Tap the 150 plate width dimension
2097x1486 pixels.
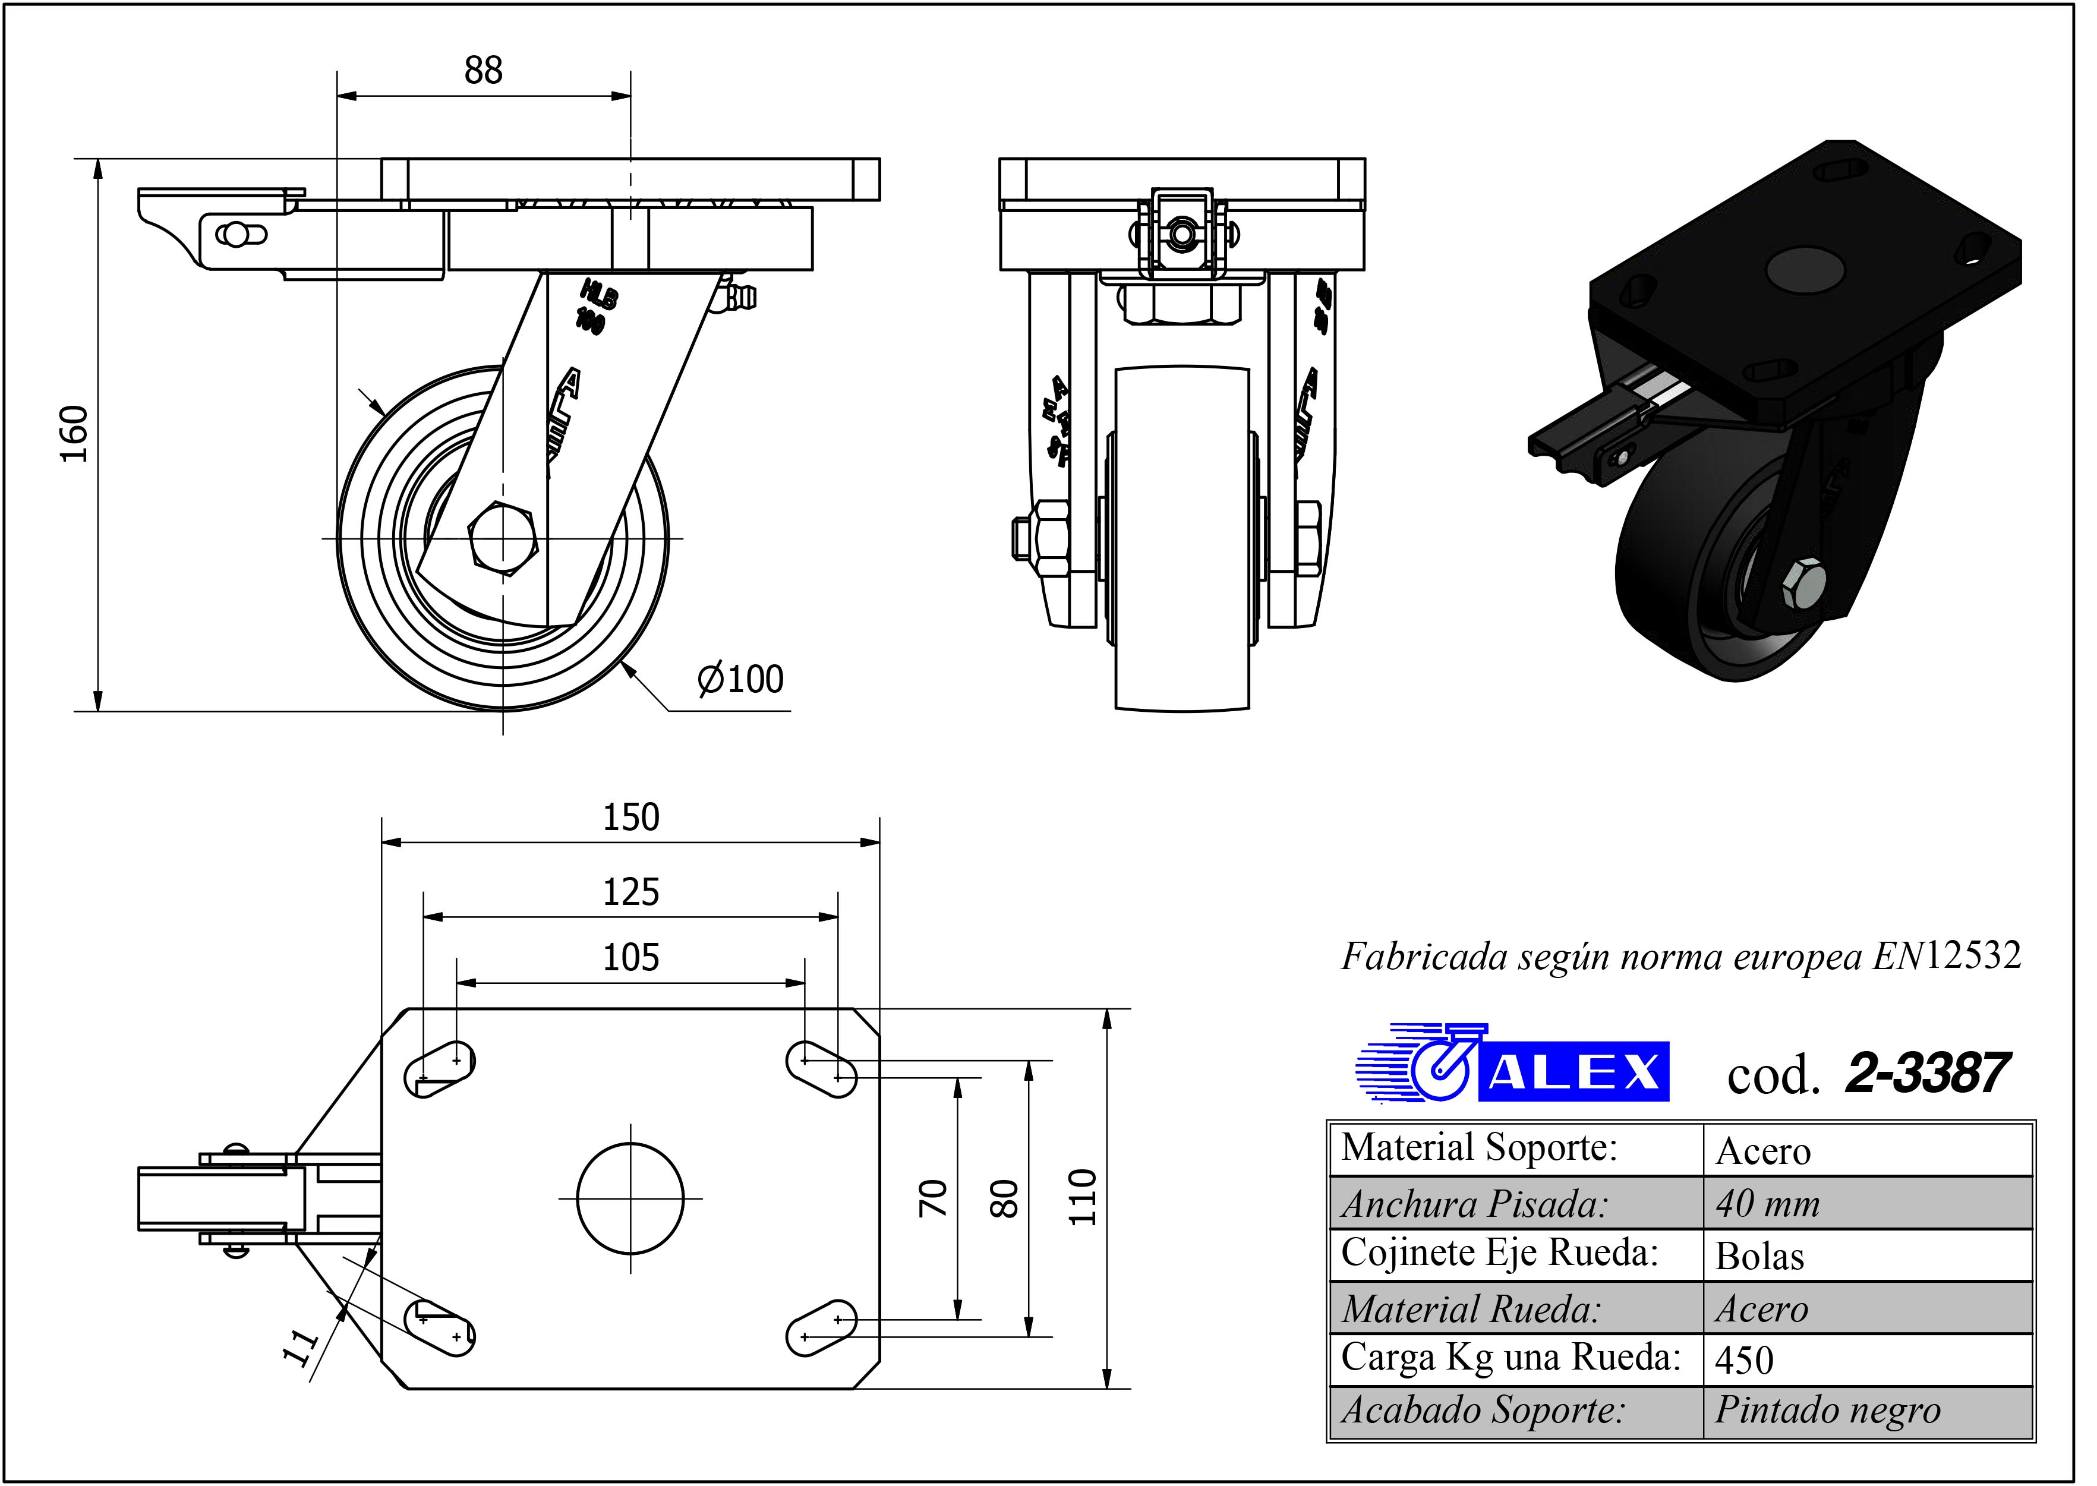(x=630, y=817)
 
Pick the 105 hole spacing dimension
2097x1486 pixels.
(x=630, y=958)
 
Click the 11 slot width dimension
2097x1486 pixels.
(x=300, y=1347)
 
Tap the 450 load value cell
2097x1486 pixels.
(x=1745, y=1361)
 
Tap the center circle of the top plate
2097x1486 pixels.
(x=630, y=1198)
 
